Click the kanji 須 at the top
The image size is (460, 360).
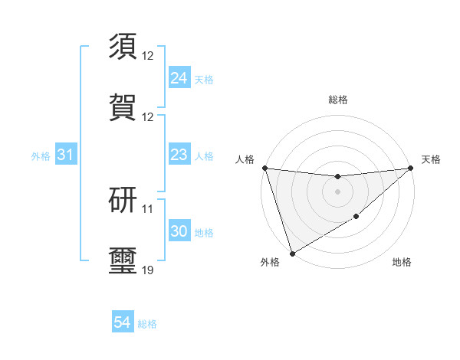(x=123, y=47)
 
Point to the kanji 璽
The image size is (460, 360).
(x=123, y=261)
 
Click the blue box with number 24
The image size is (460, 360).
(x=179, y=78)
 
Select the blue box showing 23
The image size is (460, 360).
(x=179, y=155)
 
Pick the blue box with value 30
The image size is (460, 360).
(x=179, y=232)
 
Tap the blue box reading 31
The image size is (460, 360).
(x=66, y=155)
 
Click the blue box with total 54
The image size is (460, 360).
(x=123, y=323)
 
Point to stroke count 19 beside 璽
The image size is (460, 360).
(x=148, y=270)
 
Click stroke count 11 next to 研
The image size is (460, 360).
(x=148, y=208)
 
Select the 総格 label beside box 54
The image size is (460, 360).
(x=147, y=324)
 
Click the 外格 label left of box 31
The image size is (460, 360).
(x=41, y=156)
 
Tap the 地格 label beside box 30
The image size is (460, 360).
(x=204, y=233)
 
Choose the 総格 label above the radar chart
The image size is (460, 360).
(x=338, y=100)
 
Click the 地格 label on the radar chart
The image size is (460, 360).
(x=402, y=263)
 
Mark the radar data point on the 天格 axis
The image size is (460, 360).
(x=411, y=168)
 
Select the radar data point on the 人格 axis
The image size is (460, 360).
(x=264, y=168)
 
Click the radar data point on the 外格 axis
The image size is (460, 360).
(x=292, y=253)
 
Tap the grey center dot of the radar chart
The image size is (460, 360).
(x=337, y=191)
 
